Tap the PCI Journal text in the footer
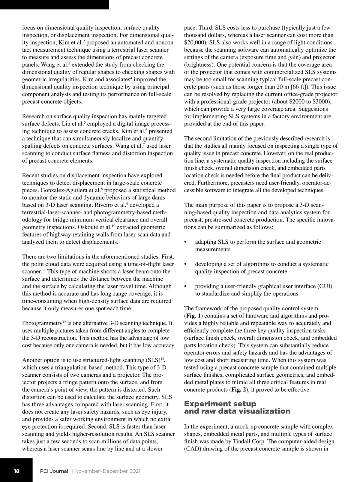[x=54, y=471]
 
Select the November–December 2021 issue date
[x=107, y=471]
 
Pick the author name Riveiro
[x=103, y=205]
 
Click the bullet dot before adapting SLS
[x=186, y=242]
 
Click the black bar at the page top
[x=54, y=5]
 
